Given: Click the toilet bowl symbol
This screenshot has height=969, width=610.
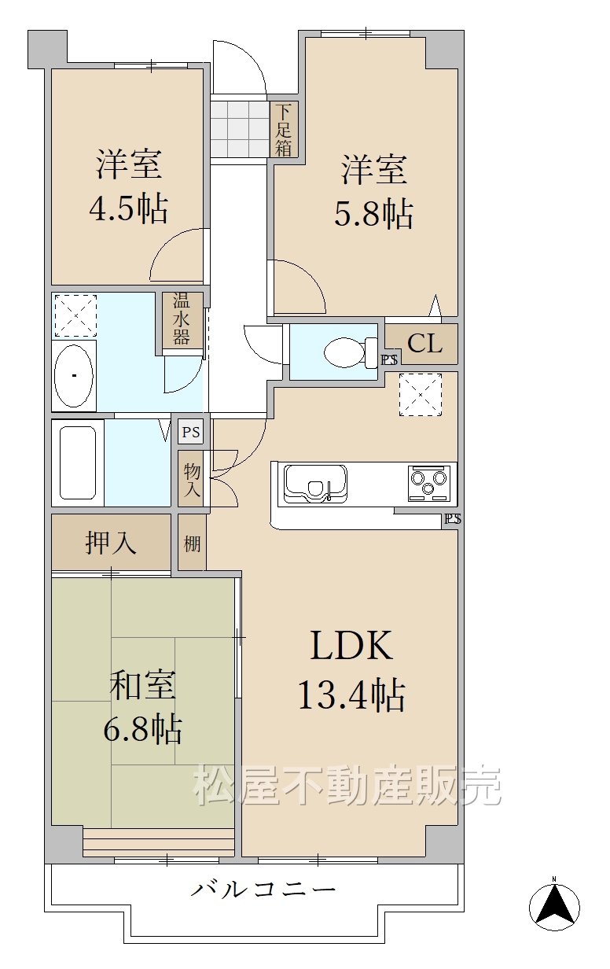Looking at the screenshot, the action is pos(351,353).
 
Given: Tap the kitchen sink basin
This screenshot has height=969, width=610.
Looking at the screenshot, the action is pos(315,484).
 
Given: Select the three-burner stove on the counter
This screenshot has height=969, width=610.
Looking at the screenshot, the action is pos(429,483).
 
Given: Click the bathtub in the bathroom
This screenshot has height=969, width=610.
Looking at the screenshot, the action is pos(78,462).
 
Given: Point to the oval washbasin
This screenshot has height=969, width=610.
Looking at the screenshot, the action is pos(74,376).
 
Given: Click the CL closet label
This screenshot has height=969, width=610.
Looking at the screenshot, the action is pos(425,344).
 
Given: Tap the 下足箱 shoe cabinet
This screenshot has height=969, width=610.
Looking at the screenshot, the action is pos(284,130).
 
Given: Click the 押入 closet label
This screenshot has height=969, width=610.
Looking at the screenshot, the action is pos(111,543).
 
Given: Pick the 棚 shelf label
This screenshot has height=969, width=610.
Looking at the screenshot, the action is pos(192,543).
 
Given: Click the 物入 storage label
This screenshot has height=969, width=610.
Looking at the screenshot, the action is pos(193,480).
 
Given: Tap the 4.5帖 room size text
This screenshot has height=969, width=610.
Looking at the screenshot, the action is pos(128,208).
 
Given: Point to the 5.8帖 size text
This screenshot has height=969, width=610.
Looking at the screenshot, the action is pos(373,213).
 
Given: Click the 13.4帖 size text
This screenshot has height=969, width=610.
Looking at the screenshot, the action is pos(352,695).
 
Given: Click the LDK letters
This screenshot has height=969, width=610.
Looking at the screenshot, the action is pos(351,646).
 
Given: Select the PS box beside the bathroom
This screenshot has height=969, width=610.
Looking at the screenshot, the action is pos(191,432).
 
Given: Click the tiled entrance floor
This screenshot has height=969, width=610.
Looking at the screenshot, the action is pos(240,129).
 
